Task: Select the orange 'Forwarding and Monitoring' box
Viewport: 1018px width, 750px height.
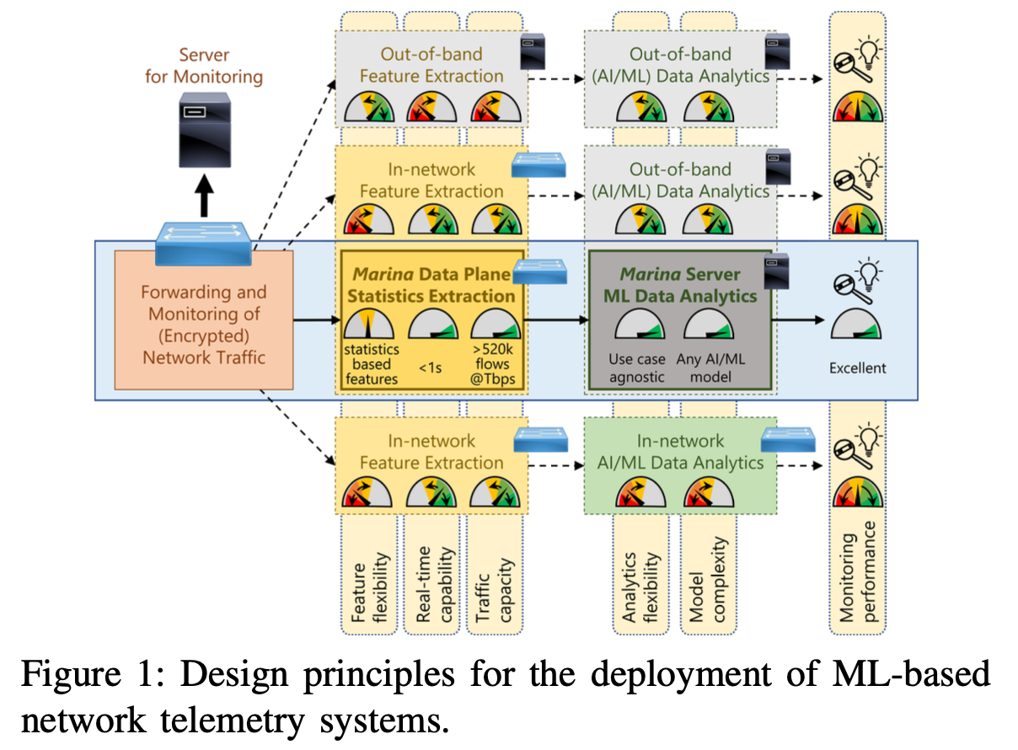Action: (203, 324)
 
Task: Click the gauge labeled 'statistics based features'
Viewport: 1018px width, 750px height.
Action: (370, 327)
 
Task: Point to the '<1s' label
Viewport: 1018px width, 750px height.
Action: (432, 367)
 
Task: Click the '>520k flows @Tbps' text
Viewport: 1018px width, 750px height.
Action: (495, 365)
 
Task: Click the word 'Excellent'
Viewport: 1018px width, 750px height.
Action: (858, 367)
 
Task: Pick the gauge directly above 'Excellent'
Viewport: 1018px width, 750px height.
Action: (857, 328)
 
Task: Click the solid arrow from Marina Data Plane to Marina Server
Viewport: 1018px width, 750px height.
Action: (557, 320)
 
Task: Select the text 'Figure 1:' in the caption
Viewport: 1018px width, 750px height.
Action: (80, 676)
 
